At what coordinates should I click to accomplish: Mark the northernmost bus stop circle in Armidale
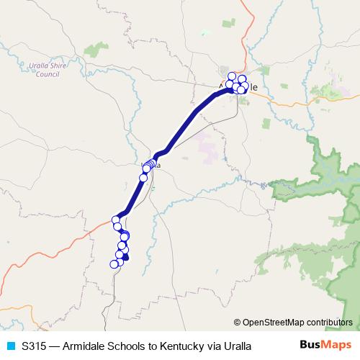232,76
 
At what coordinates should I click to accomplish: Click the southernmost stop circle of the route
114,264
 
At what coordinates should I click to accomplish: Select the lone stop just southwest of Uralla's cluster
143,177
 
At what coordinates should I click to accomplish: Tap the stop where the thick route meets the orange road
116,220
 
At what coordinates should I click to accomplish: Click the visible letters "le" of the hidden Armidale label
252,87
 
